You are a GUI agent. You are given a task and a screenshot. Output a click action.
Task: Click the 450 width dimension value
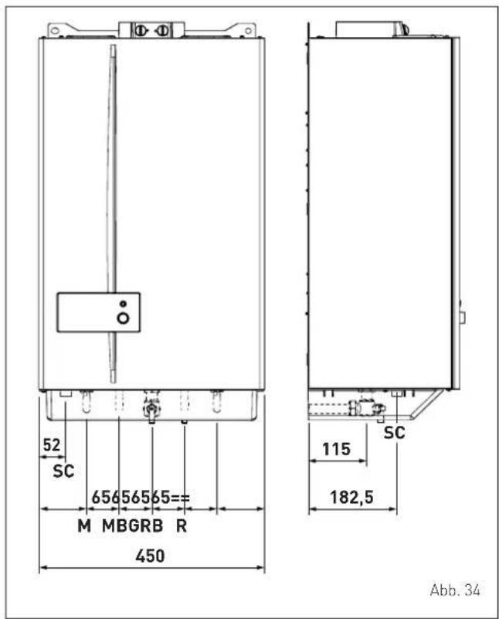coord(150,556)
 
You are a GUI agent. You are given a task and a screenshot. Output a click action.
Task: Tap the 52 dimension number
coord(52,445)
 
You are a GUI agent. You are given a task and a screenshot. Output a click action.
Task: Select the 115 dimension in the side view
coord(337,449)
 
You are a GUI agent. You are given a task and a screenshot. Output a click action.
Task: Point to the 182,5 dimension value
coord(351,497)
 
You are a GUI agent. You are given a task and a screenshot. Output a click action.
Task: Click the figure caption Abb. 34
coord(455,590)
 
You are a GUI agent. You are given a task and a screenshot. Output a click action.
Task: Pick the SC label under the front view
coord(63,471)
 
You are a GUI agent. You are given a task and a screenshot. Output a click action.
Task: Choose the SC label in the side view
coord(395,433)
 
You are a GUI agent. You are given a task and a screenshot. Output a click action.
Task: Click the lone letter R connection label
coord(182,525)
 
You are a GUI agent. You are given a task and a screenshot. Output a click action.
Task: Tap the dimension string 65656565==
coord(141,498)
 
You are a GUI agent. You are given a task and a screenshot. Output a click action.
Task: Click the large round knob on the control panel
coord(124,318)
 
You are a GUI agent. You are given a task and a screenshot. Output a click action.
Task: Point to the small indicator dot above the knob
coord(124,304)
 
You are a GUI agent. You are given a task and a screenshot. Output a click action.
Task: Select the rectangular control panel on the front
coord(99,312)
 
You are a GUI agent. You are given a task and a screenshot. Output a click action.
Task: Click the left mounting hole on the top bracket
coord(55,30)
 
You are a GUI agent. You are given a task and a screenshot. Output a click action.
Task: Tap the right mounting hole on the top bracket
coord(248,30)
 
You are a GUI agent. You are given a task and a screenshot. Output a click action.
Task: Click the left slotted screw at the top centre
coord(141,30)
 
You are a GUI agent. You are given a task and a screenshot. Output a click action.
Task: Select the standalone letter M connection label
coord(84,525)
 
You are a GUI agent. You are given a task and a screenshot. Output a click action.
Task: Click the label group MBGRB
coord(133,525)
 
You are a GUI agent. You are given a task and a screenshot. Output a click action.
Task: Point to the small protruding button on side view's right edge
coord(463,317)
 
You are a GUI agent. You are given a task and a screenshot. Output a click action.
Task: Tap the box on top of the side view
coord(372,29)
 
